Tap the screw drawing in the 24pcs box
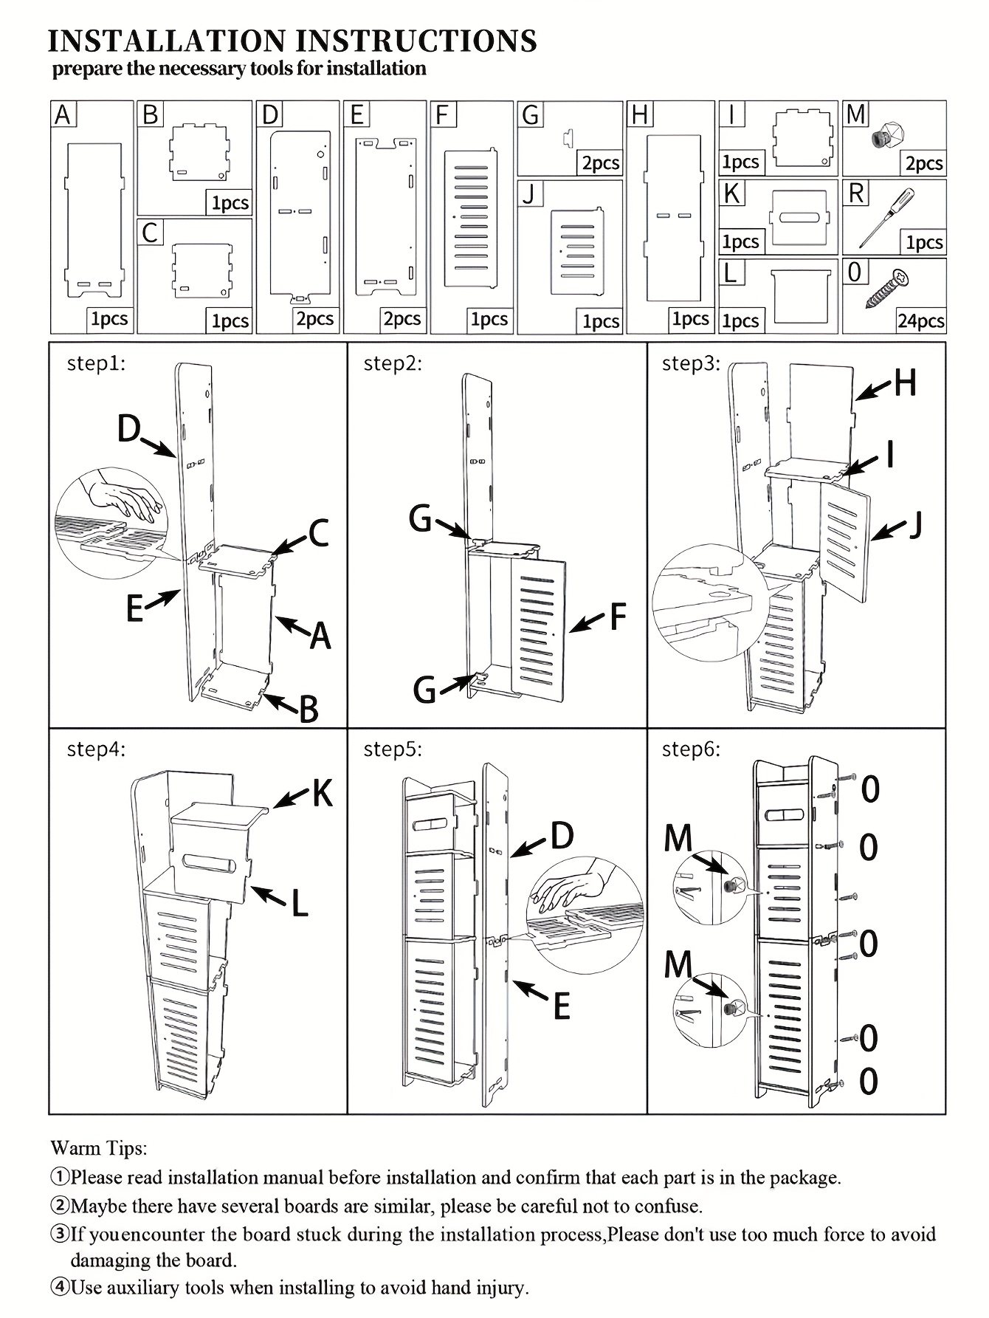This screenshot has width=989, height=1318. point(888,289)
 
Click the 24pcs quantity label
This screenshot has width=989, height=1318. point(920,321)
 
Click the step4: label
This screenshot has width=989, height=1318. point(96,749)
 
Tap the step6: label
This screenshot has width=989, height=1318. point(691,749)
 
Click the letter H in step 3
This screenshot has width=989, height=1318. point(905,382)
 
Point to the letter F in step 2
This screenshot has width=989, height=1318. point(617,617)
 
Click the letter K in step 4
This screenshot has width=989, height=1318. point(323,793)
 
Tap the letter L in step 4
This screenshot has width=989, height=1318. point(299,902)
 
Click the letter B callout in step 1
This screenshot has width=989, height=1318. point(309,710)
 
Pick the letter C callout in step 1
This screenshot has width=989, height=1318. point(318,533)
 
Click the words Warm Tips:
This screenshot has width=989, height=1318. point(99,1148)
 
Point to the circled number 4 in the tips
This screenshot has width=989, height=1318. point(59,1288)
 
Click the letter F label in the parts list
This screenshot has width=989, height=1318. point(443,115)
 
